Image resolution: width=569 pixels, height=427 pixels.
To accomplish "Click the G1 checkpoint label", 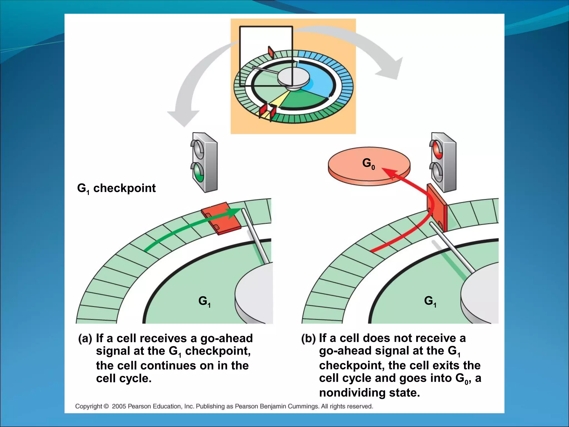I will tap(116, 188).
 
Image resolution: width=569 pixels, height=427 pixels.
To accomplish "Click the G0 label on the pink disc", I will tap(368, 163).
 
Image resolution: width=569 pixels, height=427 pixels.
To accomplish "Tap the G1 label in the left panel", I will tap(204, 301).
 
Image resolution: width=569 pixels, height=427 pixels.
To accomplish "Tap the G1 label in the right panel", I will tap(430, 301).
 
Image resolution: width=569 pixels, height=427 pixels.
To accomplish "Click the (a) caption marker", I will tap(85, 339).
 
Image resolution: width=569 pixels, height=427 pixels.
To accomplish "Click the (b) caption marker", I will tap(308, 339).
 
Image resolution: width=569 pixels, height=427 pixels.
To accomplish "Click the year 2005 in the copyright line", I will tap(119, 406).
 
